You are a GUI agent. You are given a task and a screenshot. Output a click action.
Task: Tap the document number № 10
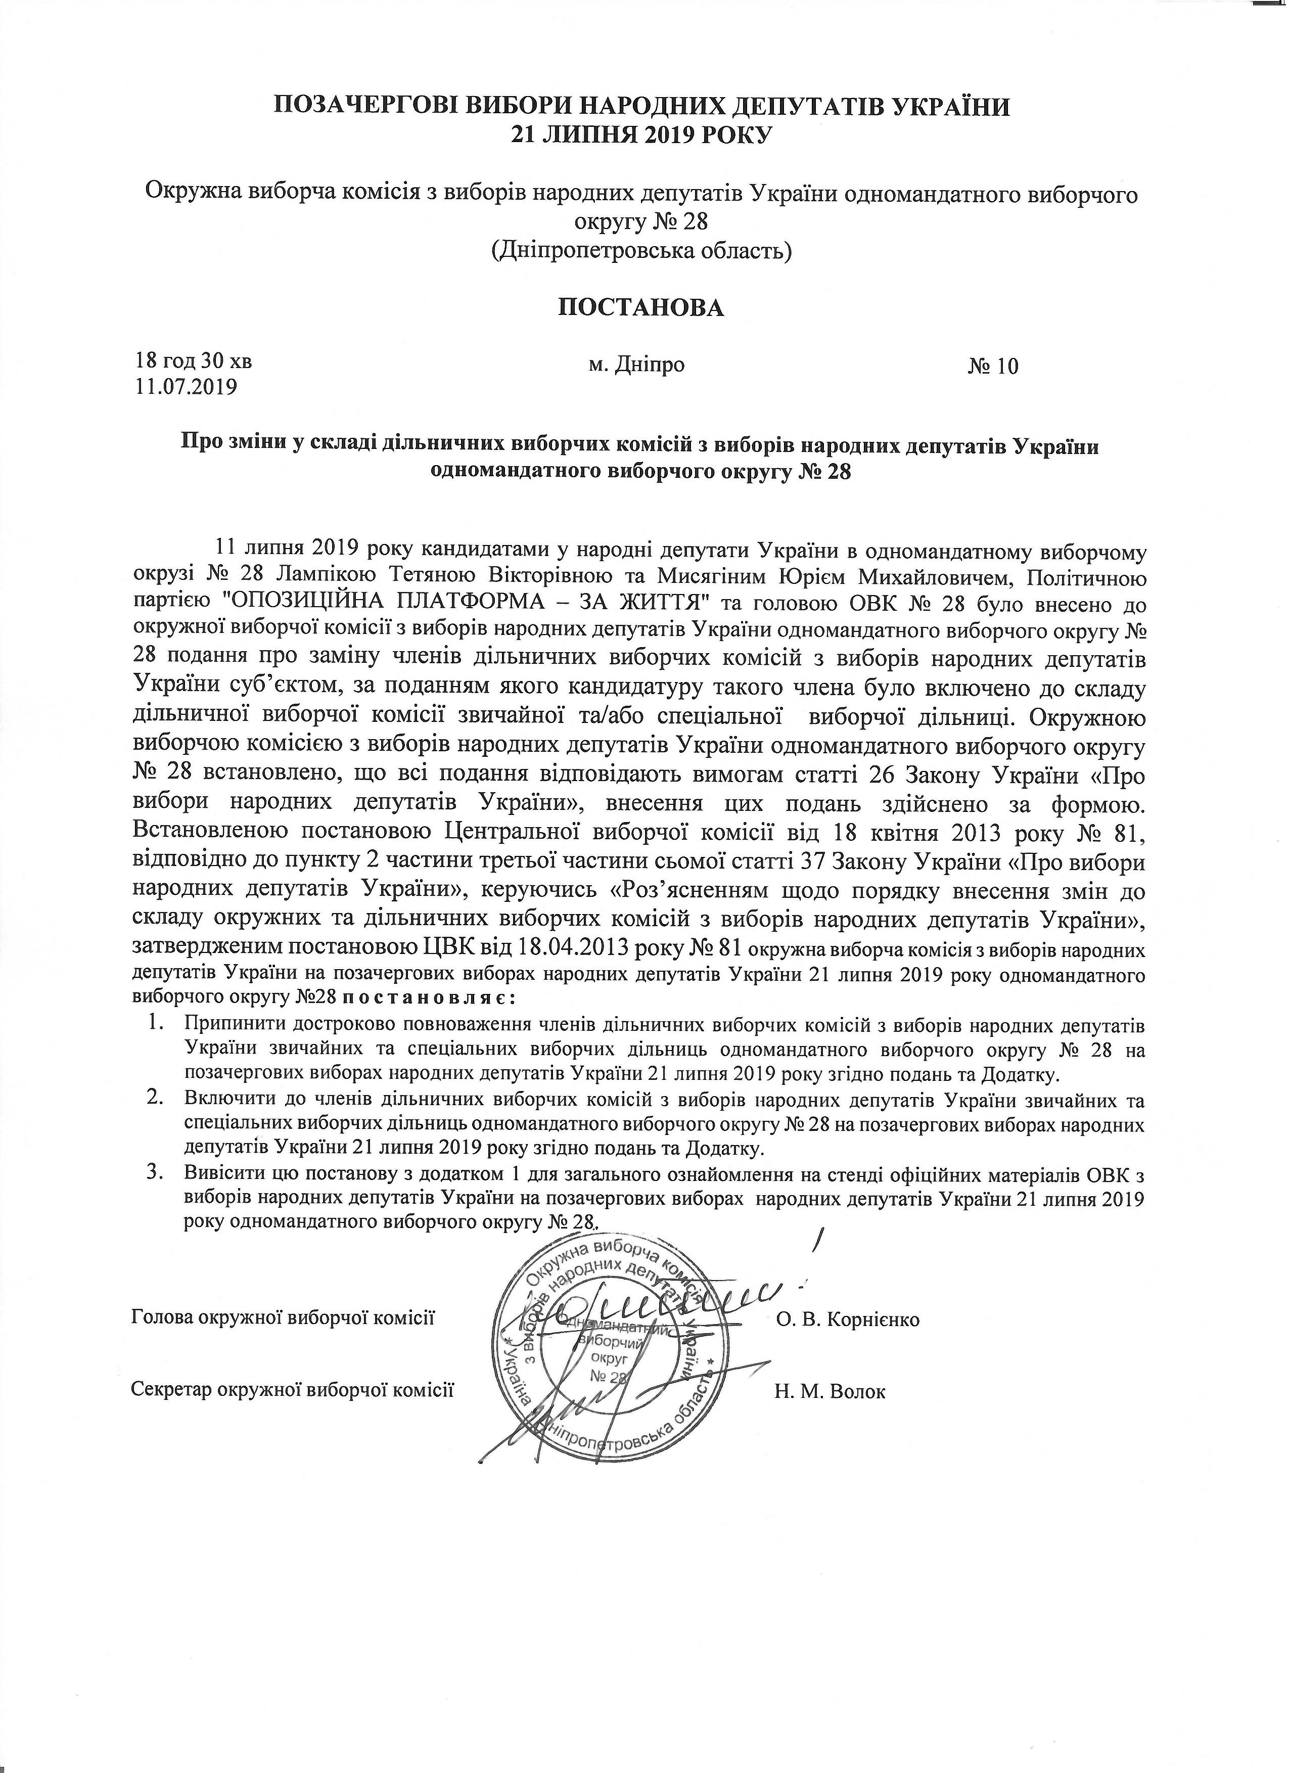[x=993, y=367]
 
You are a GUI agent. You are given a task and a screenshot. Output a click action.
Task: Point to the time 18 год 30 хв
[x=194, y=362]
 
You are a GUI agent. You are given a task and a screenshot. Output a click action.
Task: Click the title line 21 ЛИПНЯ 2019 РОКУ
[x=641, y=136]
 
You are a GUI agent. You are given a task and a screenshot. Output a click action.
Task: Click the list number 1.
[x=155, y=1023]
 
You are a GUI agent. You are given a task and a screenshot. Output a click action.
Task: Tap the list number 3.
[x=155, y=1174]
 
